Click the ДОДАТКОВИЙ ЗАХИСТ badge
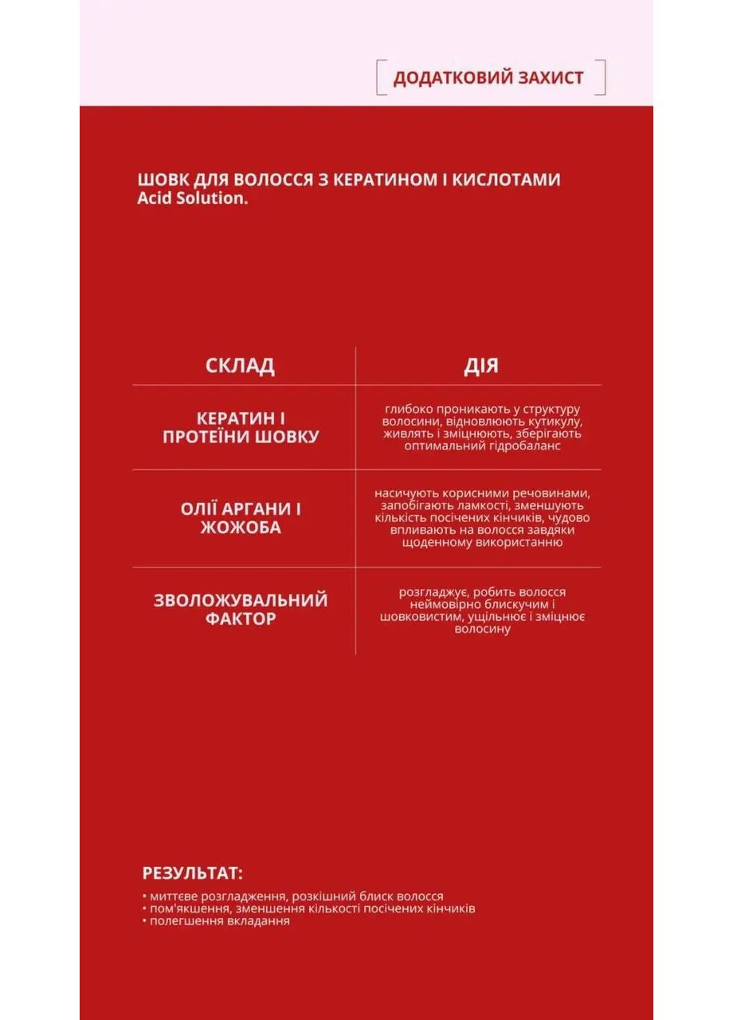tap(488, 77)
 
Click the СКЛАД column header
tap(240, 366)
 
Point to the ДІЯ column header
tap(481, 366)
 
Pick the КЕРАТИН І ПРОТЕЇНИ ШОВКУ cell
tap(241, 427)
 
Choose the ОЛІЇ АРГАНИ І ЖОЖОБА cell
tap(241, 518)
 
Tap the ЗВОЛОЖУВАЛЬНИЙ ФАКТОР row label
tap(241, 609)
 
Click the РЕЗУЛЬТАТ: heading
tap(193, 873)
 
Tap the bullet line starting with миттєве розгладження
tap(292, 896)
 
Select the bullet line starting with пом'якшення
tap(308, 908)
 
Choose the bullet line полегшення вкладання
tap(216, 920)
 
